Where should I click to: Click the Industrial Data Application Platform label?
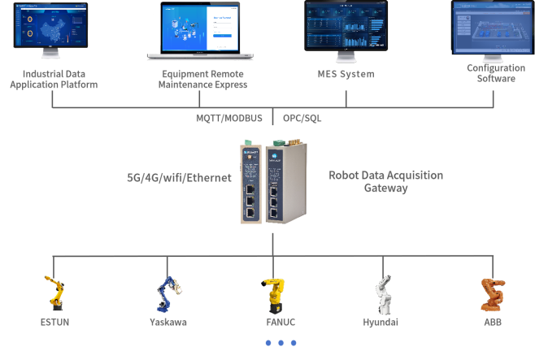(54, 79)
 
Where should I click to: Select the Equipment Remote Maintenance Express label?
(202, 79)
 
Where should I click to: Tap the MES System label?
(346, 74)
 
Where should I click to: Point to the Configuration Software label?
(495, 73)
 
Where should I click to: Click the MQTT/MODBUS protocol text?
(229, 118)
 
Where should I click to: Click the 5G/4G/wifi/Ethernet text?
(180, 177)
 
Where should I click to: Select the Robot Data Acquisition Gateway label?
(386, 181)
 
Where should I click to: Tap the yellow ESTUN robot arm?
(54, 293)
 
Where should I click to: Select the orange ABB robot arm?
(491, 293)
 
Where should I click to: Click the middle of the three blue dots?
(281, 343)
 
